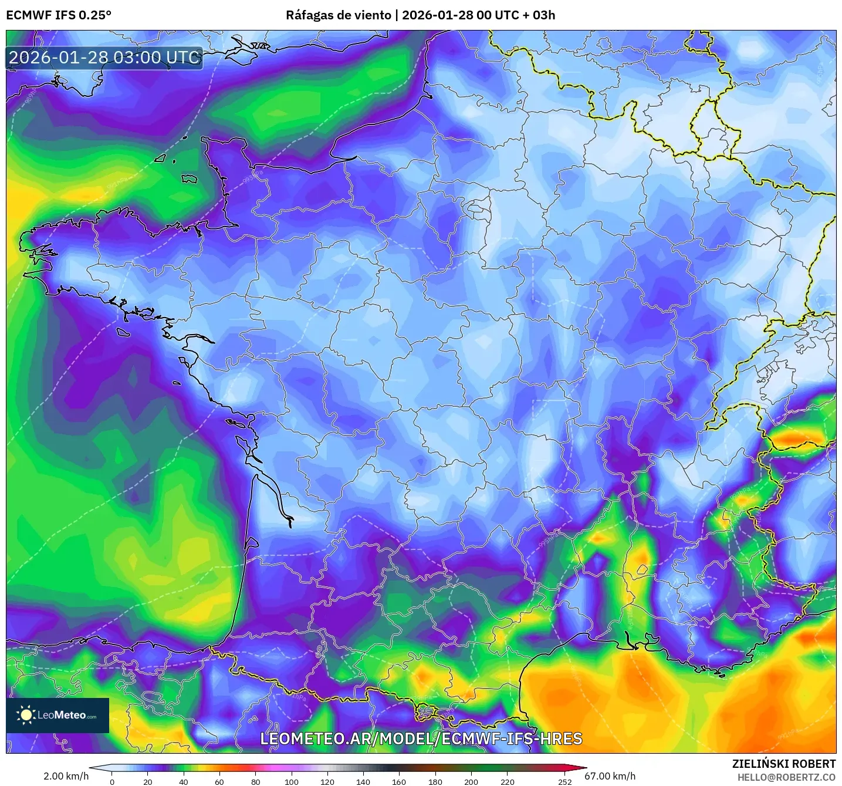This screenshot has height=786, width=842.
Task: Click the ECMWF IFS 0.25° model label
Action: (x=59, y=15)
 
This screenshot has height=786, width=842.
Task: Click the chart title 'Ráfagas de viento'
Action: (x=338, y=15)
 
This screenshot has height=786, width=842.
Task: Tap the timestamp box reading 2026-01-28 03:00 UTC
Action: (x=104, y=58)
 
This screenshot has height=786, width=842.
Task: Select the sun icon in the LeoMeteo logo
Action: (x=26, y=715)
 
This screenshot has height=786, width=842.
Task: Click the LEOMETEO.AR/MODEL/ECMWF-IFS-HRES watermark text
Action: (x=421, y=738)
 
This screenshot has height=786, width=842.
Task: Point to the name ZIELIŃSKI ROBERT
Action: (x=784, y=764)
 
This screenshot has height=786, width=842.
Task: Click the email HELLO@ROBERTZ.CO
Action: (x=786, y=777)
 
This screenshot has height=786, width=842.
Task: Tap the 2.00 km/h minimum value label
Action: (x=66, y=776)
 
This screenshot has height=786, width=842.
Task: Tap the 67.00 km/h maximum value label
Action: (x=610, y=776)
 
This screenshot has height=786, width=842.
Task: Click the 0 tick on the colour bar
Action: (x=112, y=781)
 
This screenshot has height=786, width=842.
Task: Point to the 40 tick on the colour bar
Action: (x=184, y=781)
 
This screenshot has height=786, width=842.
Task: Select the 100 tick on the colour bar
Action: (x=292, y=781)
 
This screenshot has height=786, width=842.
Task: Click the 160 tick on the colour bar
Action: (x=399, y=781)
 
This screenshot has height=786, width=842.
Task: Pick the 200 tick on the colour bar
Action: (x=471, y=781)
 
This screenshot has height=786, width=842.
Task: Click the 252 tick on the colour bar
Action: (x=564, y=781)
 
